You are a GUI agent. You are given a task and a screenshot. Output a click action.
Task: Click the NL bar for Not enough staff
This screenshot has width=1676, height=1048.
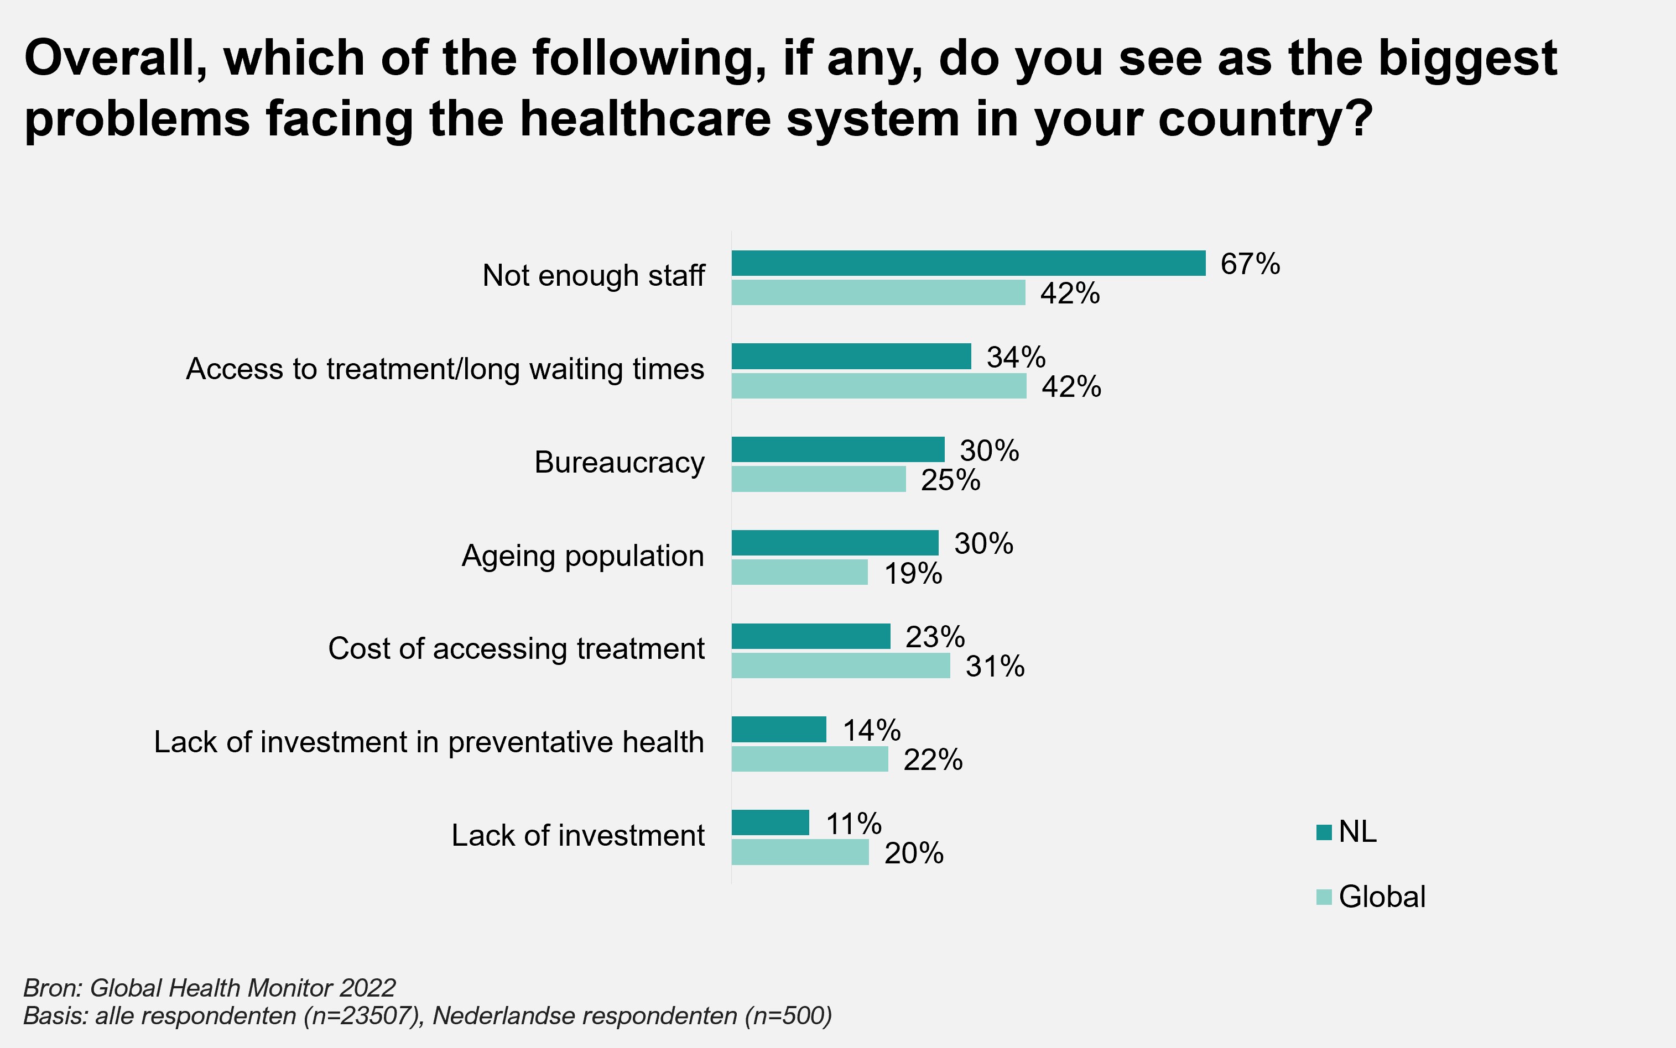point(968,264)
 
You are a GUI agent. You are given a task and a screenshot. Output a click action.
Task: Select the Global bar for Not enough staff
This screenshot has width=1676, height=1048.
point(878,292)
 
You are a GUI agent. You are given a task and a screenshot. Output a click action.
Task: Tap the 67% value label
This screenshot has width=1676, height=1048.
point(1250,264)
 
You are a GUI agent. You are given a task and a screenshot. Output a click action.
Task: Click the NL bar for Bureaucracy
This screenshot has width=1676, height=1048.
point(837,450)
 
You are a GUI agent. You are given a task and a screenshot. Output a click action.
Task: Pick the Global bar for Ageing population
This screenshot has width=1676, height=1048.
point(799,573)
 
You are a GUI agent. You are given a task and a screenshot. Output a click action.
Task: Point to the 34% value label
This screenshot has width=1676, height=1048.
point(1016,358)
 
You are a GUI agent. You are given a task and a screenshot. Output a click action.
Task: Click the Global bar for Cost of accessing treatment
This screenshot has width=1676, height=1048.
point(840,666)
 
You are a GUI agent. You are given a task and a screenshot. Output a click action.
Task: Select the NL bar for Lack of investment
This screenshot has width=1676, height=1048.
point(771,822)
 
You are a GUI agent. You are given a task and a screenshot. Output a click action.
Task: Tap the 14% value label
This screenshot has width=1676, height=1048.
point(871,730)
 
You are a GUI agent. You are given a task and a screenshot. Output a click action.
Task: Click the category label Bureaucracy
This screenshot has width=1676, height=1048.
point(619,462)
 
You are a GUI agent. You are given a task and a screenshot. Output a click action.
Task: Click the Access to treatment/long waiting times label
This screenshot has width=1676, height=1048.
point(445,369)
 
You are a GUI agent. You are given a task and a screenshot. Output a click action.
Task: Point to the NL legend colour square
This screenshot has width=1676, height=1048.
point(1324,832)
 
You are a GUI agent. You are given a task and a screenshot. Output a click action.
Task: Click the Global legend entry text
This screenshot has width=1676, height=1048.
point(1381,897)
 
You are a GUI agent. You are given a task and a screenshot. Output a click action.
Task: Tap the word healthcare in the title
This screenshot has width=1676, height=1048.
point(645,118)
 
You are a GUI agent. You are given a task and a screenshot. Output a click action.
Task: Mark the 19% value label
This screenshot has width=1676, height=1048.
point(913,574)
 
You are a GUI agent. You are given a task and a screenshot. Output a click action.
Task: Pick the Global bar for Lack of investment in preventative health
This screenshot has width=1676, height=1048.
point(809,759)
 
